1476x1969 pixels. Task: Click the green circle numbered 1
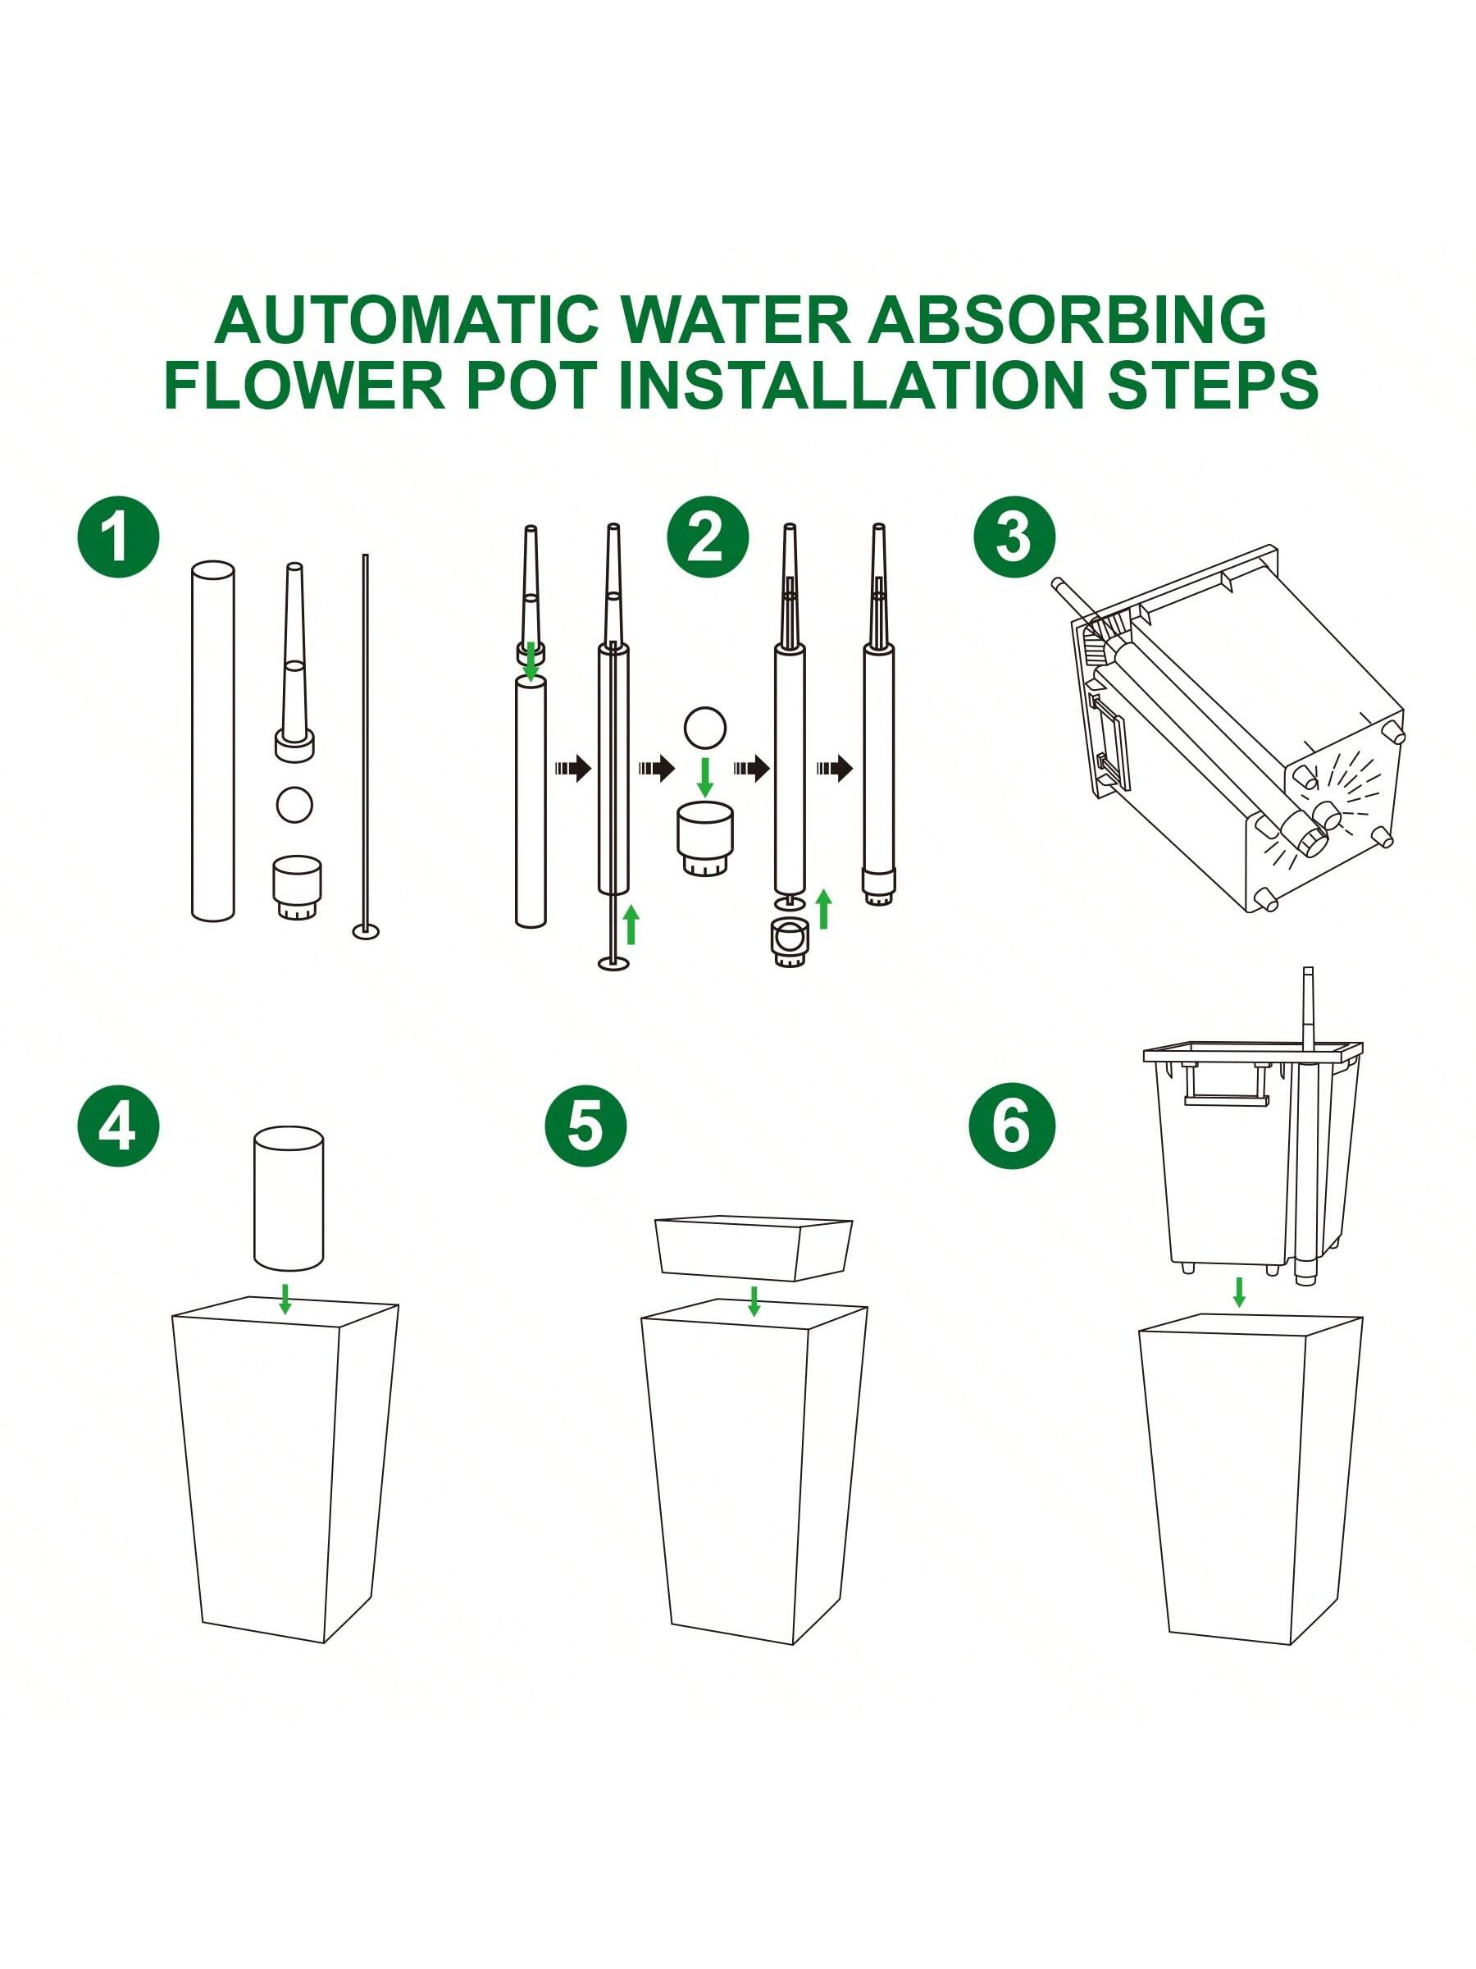(118, 537)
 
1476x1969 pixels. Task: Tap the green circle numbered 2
(708, 537)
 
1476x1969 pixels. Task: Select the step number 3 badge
(1014, 537)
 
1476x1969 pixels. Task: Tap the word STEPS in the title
(1212, 385)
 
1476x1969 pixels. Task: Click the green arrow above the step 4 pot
(285, 1298)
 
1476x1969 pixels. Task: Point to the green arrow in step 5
(754, 1300)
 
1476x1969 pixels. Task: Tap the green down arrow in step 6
(1238, 1291)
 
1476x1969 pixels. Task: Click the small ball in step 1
(294, 805)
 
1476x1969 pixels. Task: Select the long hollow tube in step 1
(212, 741)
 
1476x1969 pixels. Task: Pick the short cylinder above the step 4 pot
(289, 1198)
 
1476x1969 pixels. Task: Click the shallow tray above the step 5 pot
(753, 1248)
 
